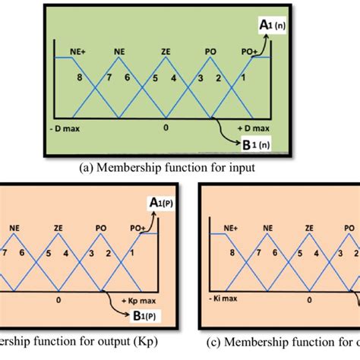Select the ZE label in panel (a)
tap(166, 52)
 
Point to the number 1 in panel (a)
tap(243, 78)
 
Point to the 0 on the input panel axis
tap(166, 127)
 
